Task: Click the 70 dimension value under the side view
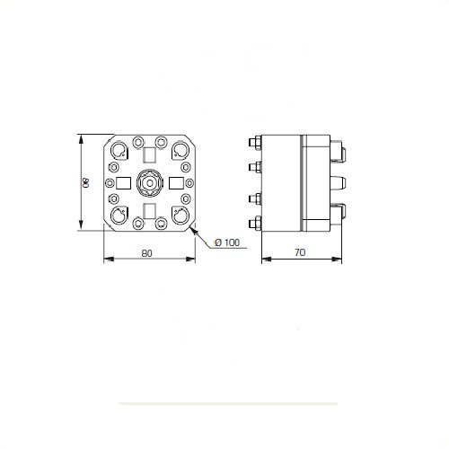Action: click(300, 252)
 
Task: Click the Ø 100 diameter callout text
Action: click(227, 242)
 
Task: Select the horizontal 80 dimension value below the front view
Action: click(146, 253)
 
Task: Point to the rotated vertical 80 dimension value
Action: click(85, 182)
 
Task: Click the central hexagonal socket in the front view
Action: click(150, 182)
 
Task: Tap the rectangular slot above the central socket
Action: click(149, 154)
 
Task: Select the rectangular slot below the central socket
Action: click(149, 211)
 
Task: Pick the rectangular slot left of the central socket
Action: click(123, 183)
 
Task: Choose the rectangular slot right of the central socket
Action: click(176, 183)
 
